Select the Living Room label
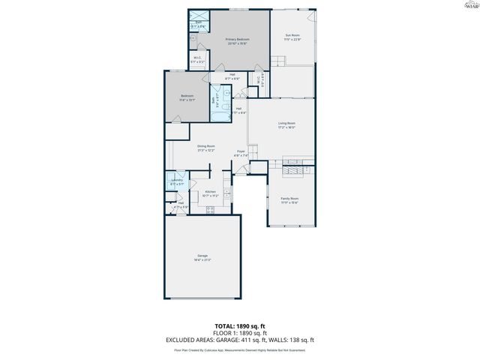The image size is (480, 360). [286, 124]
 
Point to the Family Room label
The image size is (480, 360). [289, 199]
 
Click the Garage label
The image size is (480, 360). [202, 258]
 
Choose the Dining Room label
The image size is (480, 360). [206, 148]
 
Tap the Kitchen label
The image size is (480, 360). [211, 193]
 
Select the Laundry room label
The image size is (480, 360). [177, 181]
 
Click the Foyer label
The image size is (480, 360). [241, 153]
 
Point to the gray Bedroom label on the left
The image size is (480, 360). [187, 97]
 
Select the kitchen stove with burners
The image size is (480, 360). [210, 210]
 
